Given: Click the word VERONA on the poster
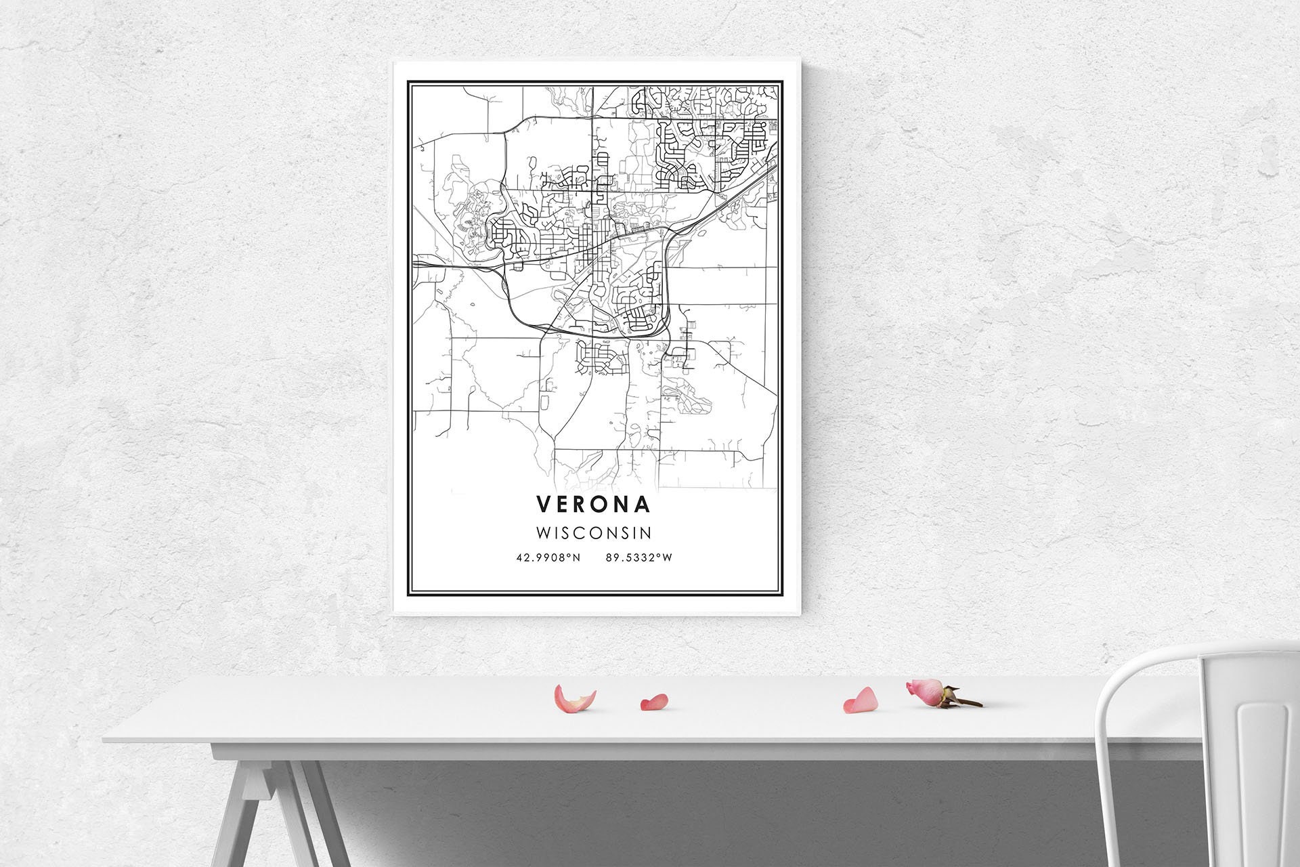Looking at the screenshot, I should (594, 504).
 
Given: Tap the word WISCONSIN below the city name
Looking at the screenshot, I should (594, 533).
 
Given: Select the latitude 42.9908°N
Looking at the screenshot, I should (548, 558).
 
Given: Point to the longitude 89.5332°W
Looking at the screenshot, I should (639, 558).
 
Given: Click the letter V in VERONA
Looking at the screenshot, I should (544, 504).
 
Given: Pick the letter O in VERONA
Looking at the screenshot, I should (603, 504).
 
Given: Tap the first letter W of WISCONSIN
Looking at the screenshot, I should (542, 533).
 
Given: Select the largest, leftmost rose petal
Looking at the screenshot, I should (573, 699).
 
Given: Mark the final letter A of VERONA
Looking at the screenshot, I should (643, 504).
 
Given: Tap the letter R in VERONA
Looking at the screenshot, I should (583, 504).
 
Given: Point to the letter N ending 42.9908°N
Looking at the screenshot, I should (577, 558).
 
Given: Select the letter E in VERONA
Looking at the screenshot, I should (563, 504).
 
